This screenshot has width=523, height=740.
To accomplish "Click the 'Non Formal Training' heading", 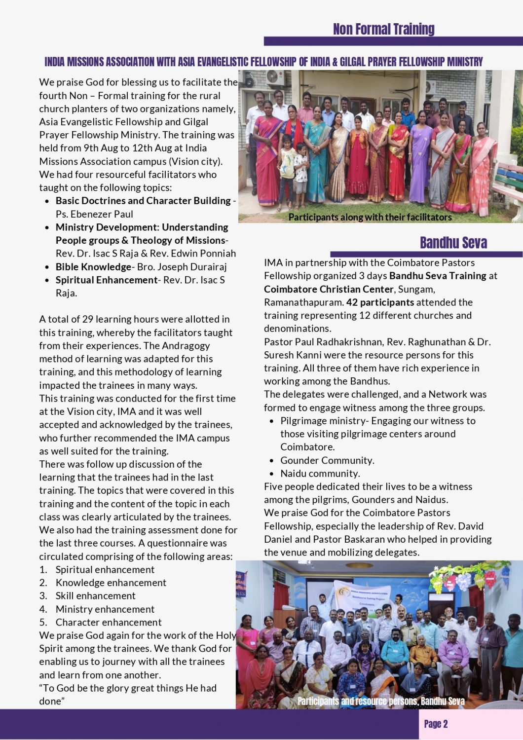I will [383, 29].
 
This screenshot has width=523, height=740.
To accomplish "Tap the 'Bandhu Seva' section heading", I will [453, 243].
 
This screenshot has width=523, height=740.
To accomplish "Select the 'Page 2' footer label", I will [436, 724].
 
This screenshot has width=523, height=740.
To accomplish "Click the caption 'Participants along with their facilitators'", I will [370, 217].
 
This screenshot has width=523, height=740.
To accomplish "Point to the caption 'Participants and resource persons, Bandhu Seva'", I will [381, 701].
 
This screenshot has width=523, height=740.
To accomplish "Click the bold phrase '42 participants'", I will [380, 302].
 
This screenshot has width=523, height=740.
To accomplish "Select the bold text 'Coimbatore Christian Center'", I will [329, 289].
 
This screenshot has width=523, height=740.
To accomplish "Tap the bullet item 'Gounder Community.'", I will [327, 460].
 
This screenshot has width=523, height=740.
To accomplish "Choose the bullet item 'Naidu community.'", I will [320, 474].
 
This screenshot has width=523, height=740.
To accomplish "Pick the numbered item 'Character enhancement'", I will [109, 622].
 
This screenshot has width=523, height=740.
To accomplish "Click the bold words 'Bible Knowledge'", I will [93, 267].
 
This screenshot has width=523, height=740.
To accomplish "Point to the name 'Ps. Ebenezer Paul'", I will [94, 214].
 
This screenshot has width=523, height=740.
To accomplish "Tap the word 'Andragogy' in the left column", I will [186, 345].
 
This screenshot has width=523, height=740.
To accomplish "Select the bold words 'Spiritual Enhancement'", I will [106, 280].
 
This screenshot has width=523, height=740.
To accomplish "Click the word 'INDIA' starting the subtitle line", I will [54, 62].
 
